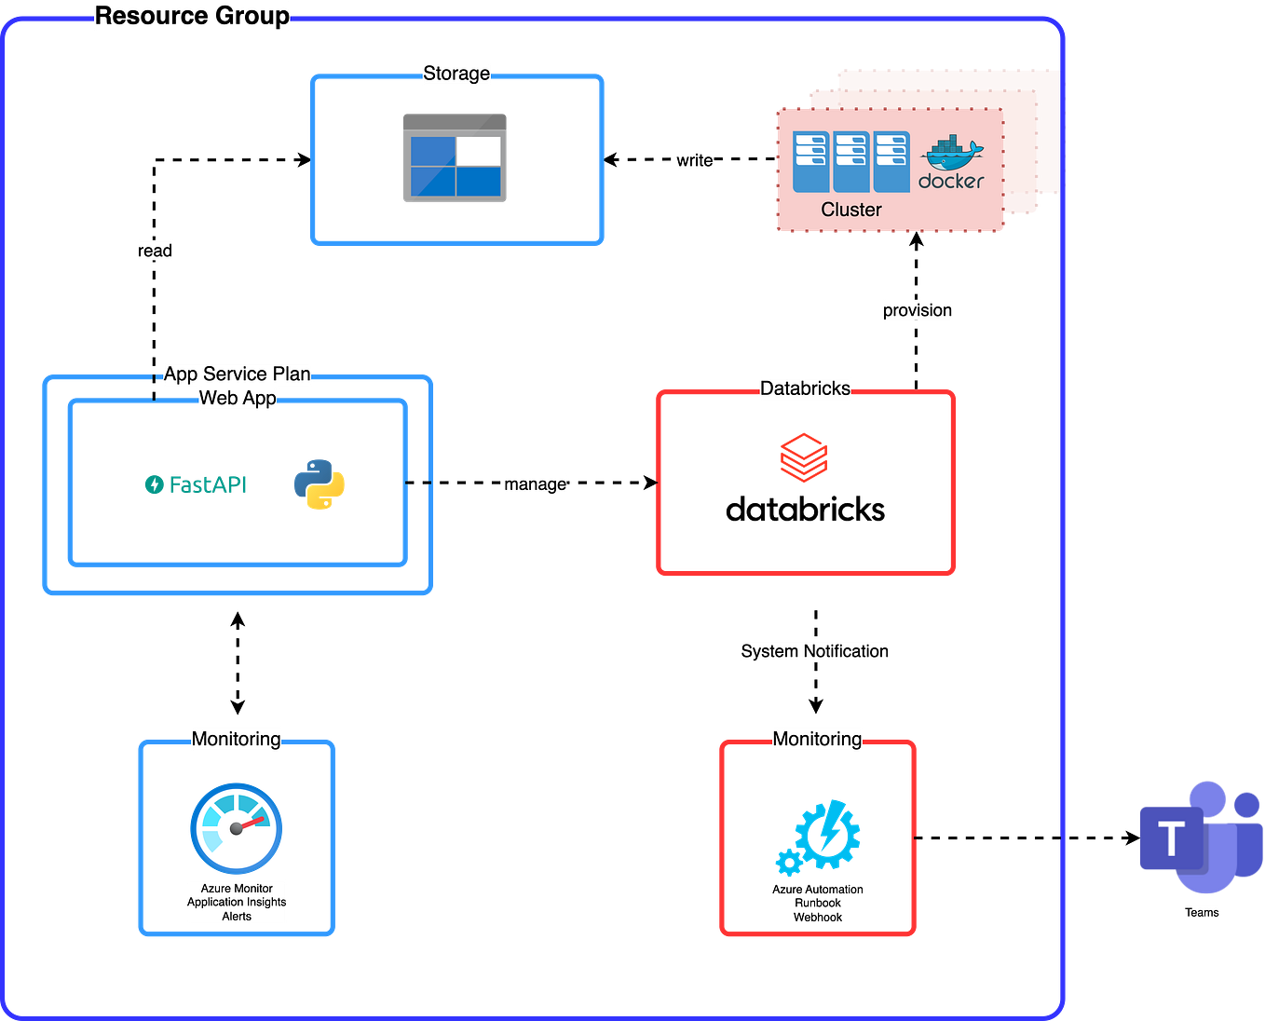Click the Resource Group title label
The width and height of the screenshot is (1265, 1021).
[x=192, y=17]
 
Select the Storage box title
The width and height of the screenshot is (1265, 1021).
[x=456, y=74]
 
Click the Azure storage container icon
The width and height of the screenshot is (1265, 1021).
[x=455, y=157]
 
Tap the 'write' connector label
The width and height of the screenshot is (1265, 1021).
[x=695, y=160]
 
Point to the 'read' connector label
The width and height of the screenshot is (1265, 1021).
[x=155, y=251]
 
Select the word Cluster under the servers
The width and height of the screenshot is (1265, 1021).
[x=850, y=210]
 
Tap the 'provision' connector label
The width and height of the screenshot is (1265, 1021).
[x=917, y=310]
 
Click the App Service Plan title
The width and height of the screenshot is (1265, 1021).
[x=237, y=374]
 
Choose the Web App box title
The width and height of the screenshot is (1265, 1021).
[x=238, y=399]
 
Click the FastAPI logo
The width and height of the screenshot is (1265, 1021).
[x=196, y=484]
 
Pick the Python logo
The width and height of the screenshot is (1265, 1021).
[x=320, y=484]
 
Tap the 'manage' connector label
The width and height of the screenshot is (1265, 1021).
[x=535, y=484]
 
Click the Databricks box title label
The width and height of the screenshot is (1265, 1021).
[x=805, y=388]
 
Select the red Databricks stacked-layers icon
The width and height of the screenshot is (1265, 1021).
[x=804, y=456]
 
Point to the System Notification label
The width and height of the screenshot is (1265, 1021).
[x=814, y=651]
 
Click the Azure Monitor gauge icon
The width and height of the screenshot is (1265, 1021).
[x=237, y=828]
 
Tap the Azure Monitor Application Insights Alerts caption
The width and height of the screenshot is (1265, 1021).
[x=237, y=902]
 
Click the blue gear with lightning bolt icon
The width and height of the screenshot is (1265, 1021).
[x=818, y=837]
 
